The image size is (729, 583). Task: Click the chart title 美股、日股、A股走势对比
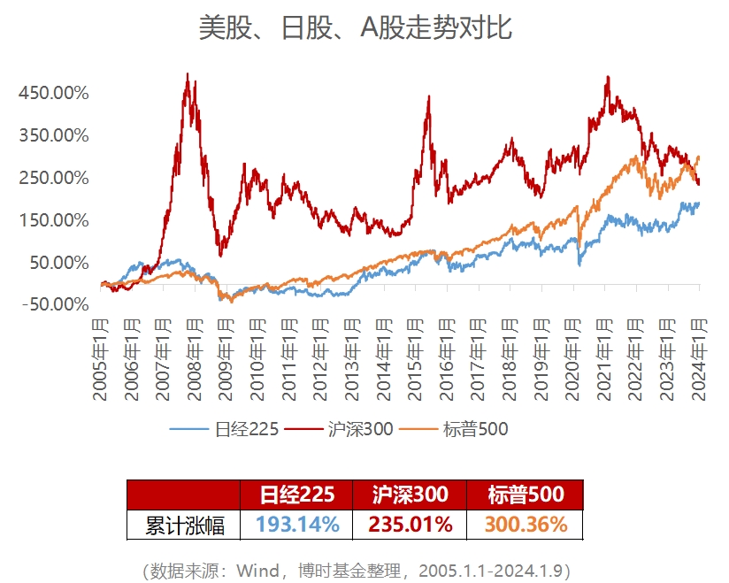point(355,28)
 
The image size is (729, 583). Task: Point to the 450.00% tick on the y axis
point(53,93)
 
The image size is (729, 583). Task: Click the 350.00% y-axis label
point(53,135)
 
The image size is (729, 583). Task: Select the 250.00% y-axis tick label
point(53,178)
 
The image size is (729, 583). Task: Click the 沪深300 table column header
point(410,495)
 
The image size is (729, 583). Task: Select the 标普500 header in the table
point(526,495)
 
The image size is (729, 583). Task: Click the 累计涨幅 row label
point(184,525)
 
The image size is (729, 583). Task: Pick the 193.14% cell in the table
point(297,525)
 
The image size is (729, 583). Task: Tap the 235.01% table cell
point(410,525)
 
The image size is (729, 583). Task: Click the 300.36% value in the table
point(526,525)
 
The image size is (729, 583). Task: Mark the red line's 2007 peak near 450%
point(188,75)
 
